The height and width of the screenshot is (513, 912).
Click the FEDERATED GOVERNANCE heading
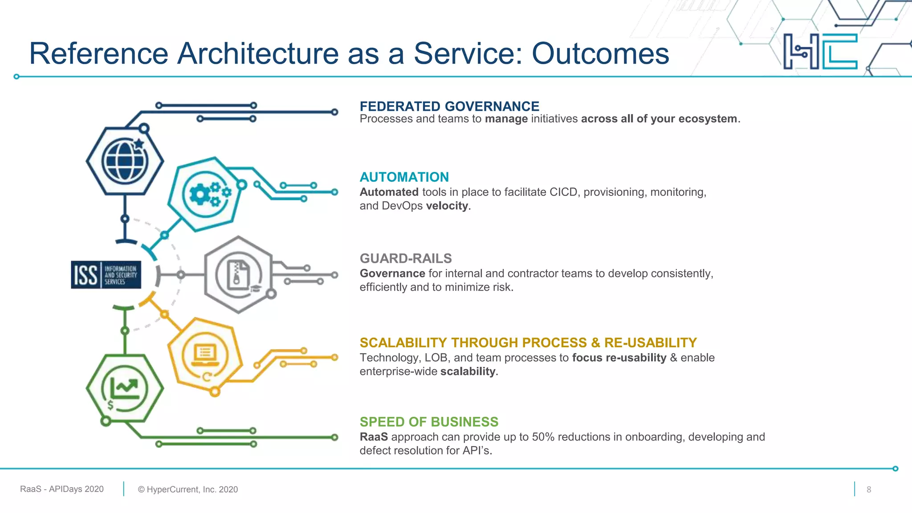[x=449, y=106]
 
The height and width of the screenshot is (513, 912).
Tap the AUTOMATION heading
[x=404, y=177]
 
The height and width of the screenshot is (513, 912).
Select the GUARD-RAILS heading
[x=405, y=258]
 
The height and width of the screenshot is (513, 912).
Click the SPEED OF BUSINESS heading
[x=428, y=422]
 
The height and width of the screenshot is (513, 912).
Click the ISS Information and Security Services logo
[x=106, y=275]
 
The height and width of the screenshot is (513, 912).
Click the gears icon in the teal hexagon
[x=207, y=194]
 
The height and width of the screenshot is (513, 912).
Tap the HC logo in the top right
[x=820, y=51]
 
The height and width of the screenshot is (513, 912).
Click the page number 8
[x=868, y=489]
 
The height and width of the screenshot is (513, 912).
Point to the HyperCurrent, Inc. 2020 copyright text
[x=187, y=489]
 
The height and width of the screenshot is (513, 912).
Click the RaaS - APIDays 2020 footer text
[x=62, y=489]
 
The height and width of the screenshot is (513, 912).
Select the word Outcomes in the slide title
[x=600, y=53]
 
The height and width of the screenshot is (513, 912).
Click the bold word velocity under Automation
[x=447, y=206]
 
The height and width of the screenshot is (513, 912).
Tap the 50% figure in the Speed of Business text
[x=542, y=437]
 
